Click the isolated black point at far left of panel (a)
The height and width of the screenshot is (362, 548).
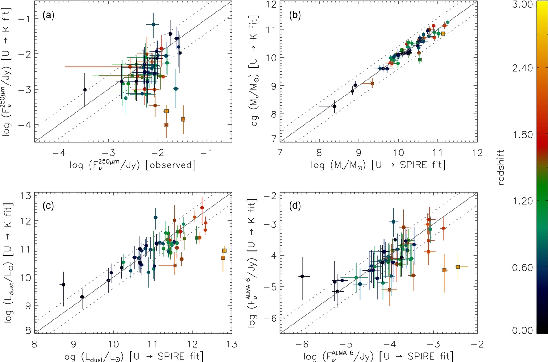pos(84,90)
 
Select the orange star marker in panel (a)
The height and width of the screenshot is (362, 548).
pos(166,125)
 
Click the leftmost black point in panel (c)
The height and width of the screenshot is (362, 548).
pos(63,285)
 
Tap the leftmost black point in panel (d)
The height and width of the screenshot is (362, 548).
pos(302,276)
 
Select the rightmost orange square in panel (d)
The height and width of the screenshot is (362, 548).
pos(458,267)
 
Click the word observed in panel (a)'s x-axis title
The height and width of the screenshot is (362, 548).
pos(174,164)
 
